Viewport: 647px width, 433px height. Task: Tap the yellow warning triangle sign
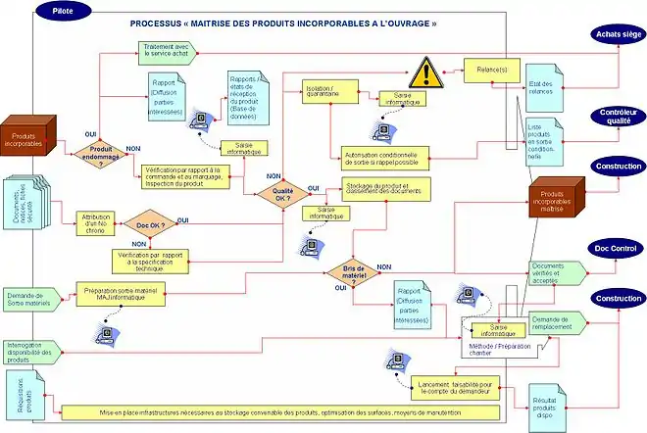coord(426,72)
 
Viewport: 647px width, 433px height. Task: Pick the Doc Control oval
coord(616,250)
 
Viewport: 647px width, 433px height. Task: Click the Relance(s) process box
coord(491,71)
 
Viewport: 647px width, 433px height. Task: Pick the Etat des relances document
coord(541,86)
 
